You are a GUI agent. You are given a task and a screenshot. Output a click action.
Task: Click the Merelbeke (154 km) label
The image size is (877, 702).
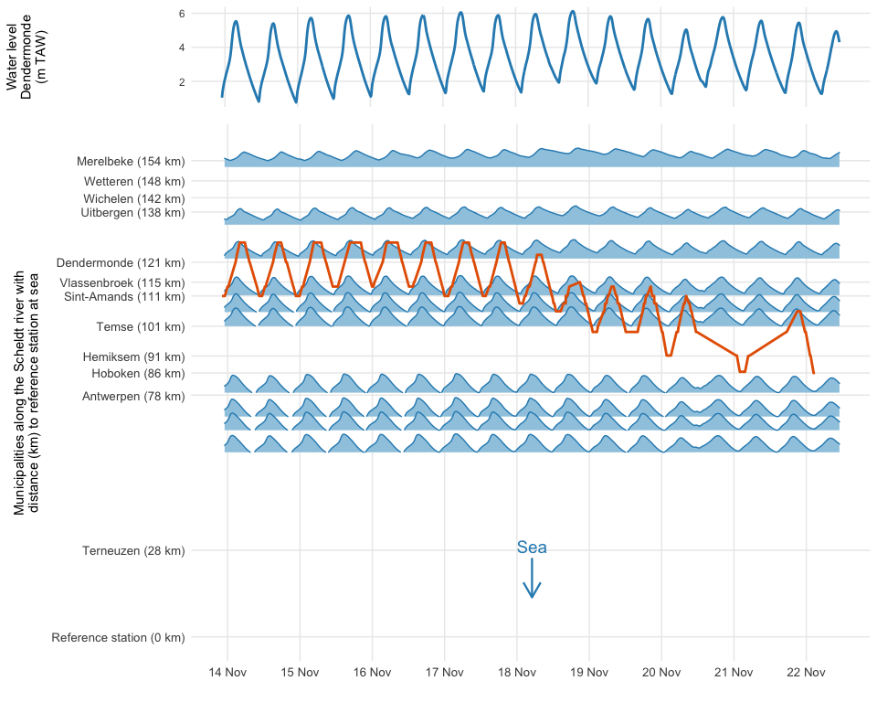point(132,162)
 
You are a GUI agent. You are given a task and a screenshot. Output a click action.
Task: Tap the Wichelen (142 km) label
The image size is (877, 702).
point(133,198)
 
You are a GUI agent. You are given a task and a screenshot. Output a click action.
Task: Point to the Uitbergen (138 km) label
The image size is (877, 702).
point(132,213)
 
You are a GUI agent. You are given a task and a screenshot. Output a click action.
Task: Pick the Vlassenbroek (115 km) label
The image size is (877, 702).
point(122,283)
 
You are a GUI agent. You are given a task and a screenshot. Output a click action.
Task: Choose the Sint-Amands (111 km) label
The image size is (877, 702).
point(124,297)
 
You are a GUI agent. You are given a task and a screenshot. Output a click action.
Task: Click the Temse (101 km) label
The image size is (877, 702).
point(140,326)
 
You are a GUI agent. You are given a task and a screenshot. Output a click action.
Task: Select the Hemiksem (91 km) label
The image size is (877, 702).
point(133,356)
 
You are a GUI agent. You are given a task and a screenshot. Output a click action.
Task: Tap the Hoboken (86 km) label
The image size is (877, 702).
point(138,374)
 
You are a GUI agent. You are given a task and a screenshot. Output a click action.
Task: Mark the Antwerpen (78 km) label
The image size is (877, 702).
point(133,396)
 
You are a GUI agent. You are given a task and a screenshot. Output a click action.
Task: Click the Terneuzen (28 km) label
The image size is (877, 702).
point(133,551)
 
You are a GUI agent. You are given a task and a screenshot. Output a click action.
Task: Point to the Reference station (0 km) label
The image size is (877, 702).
point(118,637)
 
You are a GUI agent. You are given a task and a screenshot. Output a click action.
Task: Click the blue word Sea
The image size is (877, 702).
point(532,548)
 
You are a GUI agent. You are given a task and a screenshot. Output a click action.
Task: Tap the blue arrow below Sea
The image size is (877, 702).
point(532,580)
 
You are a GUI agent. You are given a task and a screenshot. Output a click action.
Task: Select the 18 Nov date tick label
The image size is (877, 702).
point(516,673)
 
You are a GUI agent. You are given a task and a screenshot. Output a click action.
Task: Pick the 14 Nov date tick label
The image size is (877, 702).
point(227,673)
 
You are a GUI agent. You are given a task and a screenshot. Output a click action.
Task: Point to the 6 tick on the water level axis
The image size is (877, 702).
point(182,14)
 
